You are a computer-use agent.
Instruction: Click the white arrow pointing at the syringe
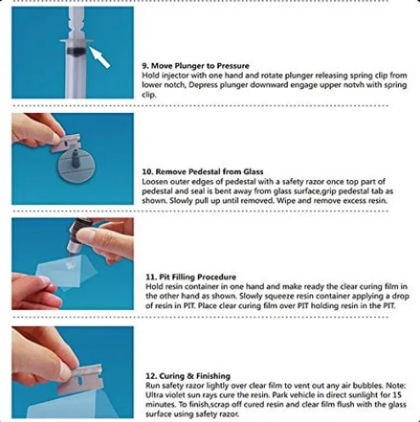pyautogui.click(x=99, y=57)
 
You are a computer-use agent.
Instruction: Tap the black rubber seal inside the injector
pyautogui.click(x=76, y=51)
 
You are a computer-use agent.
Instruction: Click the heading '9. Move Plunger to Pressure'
pyautogui.click(x=195, y=66)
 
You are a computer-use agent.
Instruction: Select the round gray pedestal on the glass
pyautogui.click(x=76, y=166)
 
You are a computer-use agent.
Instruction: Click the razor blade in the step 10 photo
pyautogui.click(x=66, y=143)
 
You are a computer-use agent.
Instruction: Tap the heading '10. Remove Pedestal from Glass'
pyautogui.click(x=203, y=172)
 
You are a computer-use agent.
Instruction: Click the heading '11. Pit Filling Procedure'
pyautogui.click(x=191, y=277)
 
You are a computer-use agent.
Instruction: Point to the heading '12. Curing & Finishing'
pyautogui.click(x=188, y=376)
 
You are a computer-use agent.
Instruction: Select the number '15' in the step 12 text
pyautogui.click(x=397, y=395)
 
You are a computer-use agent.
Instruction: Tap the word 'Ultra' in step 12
pyautogui.click(x=154, y=395)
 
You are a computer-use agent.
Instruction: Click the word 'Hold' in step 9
pyautogui.click(x=150, y=76)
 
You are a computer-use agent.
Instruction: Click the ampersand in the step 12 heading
pyautogui.click(x=191, y=376)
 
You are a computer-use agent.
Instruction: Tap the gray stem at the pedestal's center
pyautogui.click(x=76, y=159)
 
